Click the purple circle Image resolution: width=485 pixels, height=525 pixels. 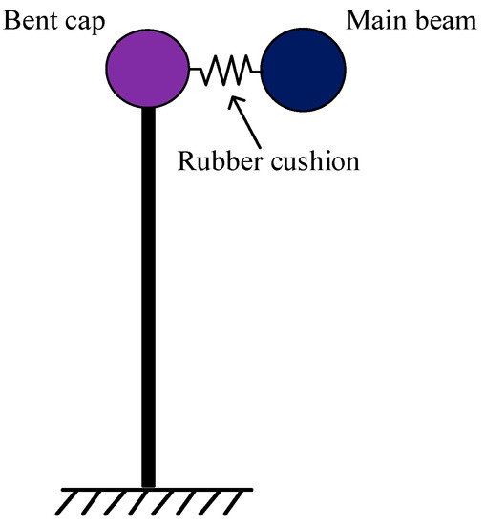point(149,69)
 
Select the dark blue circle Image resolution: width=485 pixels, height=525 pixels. point(303,69)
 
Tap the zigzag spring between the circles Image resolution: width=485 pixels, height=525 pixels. point(227,70)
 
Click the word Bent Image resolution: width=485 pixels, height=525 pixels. point(30,20)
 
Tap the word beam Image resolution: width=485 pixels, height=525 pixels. point(443,20)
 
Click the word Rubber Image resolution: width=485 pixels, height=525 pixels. point(213,159)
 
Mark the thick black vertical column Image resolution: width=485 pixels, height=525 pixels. point(148,296)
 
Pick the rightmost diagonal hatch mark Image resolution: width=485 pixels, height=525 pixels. point(234,503)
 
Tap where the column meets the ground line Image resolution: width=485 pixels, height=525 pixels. point(148,487)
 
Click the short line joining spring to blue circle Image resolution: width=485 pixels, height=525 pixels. point(255,70)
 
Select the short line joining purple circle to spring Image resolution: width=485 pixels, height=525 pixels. point(196,70)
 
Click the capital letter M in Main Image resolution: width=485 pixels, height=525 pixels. point(359,20)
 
